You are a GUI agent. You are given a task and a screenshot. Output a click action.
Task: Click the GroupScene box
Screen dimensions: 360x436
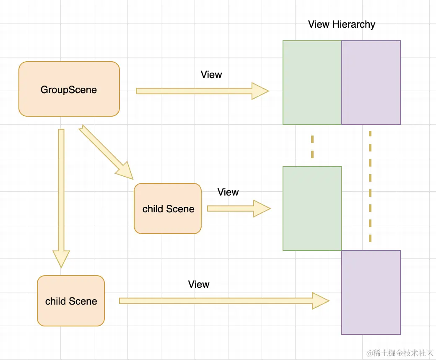(69, 89)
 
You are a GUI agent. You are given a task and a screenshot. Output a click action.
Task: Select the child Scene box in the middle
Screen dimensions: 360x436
(168, 209)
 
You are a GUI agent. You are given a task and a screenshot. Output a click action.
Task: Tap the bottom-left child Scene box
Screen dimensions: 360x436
(70, 301)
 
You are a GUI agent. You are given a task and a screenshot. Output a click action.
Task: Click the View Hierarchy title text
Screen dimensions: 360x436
(341, 24)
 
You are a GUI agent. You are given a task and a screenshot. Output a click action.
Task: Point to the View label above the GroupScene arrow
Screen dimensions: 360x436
(211, 75)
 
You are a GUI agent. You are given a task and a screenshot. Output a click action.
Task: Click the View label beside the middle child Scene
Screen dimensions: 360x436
(228, 192)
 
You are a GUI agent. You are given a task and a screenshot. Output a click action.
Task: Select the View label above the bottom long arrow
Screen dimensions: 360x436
(199, 284)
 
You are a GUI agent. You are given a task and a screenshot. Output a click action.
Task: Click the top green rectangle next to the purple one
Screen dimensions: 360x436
(312, 83)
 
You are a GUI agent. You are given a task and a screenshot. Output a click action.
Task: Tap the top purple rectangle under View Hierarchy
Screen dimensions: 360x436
(371, 83)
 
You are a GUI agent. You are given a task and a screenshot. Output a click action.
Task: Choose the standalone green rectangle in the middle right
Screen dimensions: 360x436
(312, 209)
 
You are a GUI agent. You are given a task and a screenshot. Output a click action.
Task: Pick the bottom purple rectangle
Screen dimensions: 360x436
(371, 292)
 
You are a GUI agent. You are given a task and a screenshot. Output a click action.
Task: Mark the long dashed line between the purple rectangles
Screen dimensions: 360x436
(370, 187)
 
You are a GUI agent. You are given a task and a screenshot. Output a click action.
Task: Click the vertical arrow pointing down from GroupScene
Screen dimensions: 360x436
(61, 189)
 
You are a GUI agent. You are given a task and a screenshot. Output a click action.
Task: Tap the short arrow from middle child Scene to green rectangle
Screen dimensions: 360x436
(237, 209)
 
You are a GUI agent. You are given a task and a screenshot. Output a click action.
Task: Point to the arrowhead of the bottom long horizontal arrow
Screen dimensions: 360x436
(321, 301)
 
